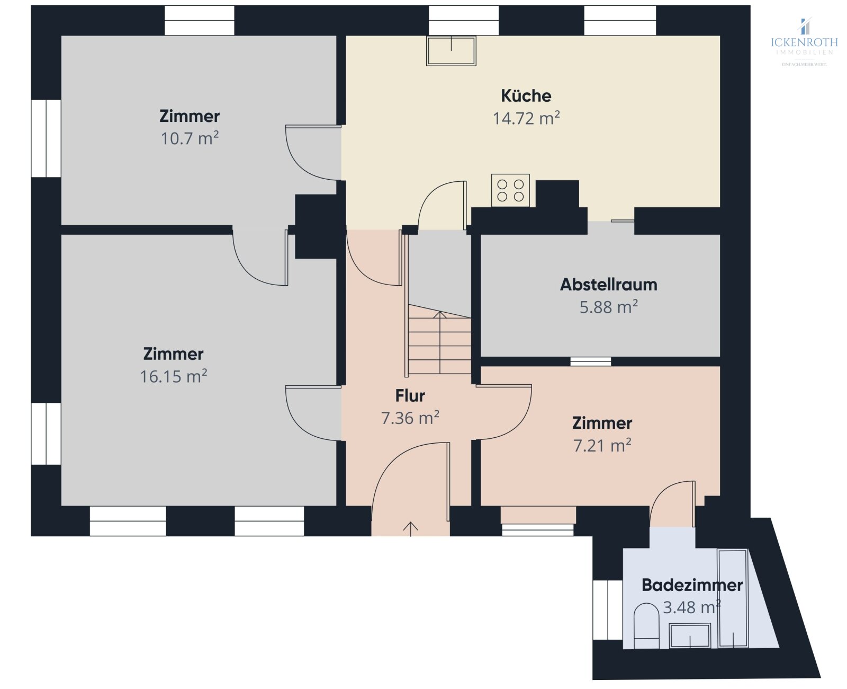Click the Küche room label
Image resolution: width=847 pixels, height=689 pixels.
[526, 96]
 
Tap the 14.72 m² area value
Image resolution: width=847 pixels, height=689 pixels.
[526, 118]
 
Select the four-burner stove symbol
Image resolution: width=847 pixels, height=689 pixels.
[510, 190]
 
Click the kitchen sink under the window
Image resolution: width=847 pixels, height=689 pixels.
[451, 50]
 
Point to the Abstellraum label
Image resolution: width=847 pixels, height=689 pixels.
[608, 285]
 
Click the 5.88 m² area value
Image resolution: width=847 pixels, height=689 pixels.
[608, 307]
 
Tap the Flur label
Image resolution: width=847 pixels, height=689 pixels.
[410, 396]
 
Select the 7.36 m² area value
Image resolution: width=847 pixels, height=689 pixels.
[410, 418]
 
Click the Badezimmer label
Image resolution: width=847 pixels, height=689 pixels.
[692, 585]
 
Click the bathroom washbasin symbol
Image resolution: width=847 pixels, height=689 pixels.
[690, 635]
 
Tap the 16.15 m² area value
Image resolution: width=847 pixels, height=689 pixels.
[174, 376]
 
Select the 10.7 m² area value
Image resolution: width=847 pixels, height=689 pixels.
[190, 138]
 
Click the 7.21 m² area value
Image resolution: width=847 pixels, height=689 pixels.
[602, 445]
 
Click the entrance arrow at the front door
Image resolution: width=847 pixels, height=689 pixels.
[410, 529]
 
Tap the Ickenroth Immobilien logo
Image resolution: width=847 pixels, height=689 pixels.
[804, 42]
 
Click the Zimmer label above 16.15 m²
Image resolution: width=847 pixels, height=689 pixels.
[173, 354]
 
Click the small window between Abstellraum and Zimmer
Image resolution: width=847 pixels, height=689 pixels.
[590, 361]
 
